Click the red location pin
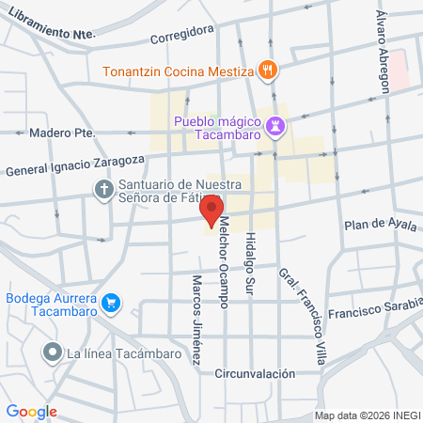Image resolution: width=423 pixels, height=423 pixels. coord(212,210)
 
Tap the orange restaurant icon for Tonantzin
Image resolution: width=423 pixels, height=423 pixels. coord(268,70)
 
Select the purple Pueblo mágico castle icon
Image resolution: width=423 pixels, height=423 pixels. coord(275,124)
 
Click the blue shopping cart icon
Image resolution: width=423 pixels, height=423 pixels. coord(112,303)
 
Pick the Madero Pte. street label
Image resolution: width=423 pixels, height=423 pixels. coord(62,133)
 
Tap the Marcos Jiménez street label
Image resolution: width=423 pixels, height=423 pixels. coord(196,321)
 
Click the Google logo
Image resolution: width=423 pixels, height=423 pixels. coord(31,411)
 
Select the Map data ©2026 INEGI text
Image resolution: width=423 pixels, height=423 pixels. coord(367,415)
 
